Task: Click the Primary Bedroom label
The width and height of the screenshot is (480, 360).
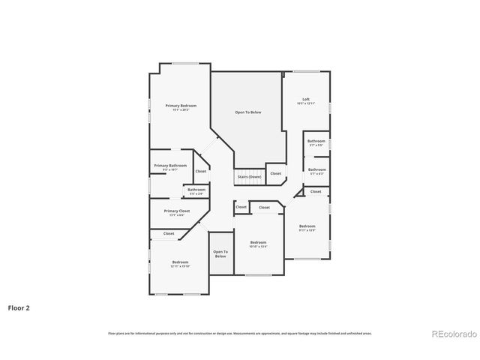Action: [x=181, y=106]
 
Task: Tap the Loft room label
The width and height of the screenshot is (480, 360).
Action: [x=306, y=99]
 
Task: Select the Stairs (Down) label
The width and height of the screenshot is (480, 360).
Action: [x=248, y=177]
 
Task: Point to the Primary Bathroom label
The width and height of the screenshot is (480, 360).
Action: [x=170, y=165]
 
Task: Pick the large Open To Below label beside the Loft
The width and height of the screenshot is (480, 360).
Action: [x=248, y=112]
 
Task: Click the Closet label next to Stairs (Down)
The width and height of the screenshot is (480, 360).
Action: [x=276, y=173]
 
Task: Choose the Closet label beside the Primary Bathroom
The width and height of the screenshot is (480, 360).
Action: [x=201, y=171]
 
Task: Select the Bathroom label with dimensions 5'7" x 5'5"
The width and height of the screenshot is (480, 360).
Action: [x=316, y=141]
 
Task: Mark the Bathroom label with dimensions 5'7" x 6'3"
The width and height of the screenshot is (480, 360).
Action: [x=316, y=169]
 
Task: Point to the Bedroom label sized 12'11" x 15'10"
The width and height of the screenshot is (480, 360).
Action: [x=180, y=262]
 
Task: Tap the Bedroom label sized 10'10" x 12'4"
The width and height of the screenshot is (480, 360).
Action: [x=259, y=242]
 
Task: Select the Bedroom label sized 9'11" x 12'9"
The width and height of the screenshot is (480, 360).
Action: [x=307, y=226]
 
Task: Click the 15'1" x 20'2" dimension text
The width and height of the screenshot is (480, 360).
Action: [x=181, y=110]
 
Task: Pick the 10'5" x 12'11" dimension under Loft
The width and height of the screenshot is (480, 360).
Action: [x=306, y=103]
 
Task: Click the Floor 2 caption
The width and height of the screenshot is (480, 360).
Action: [x=19, y=307]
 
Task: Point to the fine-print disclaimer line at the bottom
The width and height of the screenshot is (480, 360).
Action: [x=240, y=333]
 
